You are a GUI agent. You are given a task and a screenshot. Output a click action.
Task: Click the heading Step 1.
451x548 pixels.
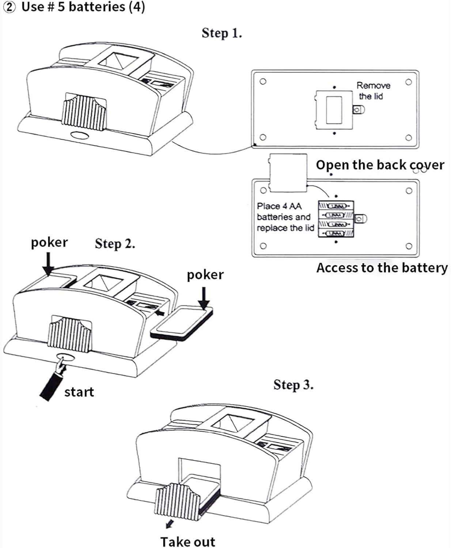click(x=221, y=33)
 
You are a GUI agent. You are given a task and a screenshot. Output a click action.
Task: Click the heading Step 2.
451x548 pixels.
click(x=115, y=243)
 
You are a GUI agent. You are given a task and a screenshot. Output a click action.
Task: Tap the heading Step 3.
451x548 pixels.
click(x=293, y=384)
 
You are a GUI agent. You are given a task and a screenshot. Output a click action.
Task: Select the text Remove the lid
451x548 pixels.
click(x=373, y=91)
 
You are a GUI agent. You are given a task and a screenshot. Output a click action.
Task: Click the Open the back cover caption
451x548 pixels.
click(x=380, y=165)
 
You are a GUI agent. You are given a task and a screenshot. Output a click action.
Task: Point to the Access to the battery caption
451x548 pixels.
click(x=382, y=268)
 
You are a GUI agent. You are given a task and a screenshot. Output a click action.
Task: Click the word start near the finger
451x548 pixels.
click(x=79, y=392)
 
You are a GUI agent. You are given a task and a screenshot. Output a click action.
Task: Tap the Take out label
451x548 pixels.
click(x=187, y=541)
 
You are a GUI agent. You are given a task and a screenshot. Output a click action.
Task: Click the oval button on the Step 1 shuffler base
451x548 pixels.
click(x=80, y=135)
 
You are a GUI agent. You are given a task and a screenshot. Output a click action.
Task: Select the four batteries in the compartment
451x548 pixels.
click(x=336, y=220)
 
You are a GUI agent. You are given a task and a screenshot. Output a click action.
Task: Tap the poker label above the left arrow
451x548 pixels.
click(x=49, y=243)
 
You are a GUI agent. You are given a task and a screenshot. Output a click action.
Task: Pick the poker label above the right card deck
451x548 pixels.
click(x=205, y=275)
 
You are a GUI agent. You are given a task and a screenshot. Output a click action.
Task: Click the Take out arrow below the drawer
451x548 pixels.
click(x=169, y=525)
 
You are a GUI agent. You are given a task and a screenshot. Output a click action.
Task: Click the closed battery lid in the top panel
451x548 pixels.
click(x=334, y=110)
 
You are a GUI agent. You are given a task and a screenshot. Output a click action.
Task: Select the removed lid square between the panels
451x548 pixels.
click(x=288, y=172)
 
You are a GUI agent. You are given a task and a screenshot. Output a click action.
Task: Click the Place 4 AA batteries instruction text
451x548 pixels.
click(x=285, y=217)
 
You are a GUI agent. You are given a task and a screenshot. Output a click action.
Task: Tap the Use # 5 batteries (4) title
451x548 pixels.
click(x=75, y=7)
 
